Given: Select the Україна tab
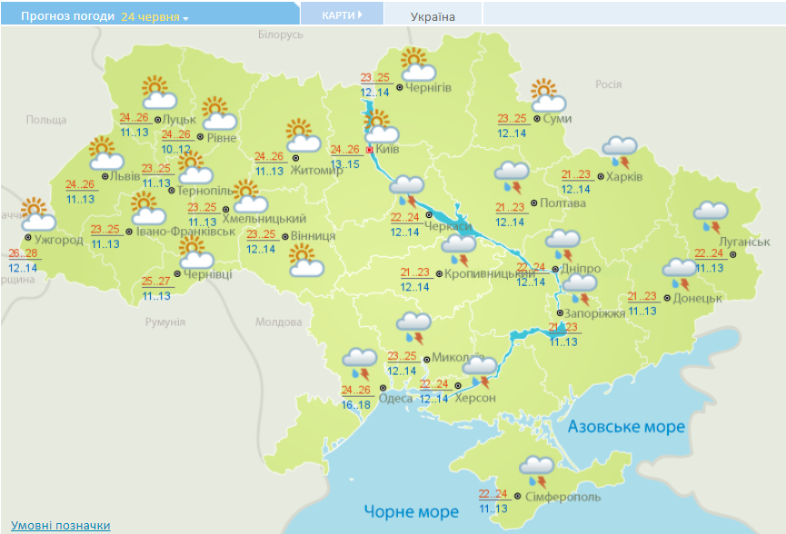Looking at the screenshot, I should click(433, 16).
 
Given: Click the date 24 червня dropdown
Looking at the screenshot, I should click(154, 17).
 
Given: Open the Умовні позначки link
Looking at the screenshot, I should click(61, 525).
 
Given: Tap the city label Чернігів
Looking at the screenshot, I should click(429, 87).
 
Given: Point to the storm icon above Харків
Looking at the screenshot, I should click(621, 152).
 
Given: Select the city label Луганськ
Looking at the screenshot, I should click(744, 242).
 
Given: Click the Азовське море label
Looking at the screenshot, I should click(626, 427).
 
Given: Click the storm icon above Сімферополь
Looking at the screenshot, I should click(537, 471).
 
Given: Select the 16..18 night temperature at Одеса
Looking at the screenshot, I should click(356, 404).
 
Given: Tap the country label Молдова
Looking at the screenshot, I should click(278, 322).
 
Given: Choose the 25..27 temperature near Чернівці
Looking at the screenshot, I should click(157, 281).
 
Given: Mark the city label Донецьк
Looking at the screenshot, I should click(698, 298).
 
